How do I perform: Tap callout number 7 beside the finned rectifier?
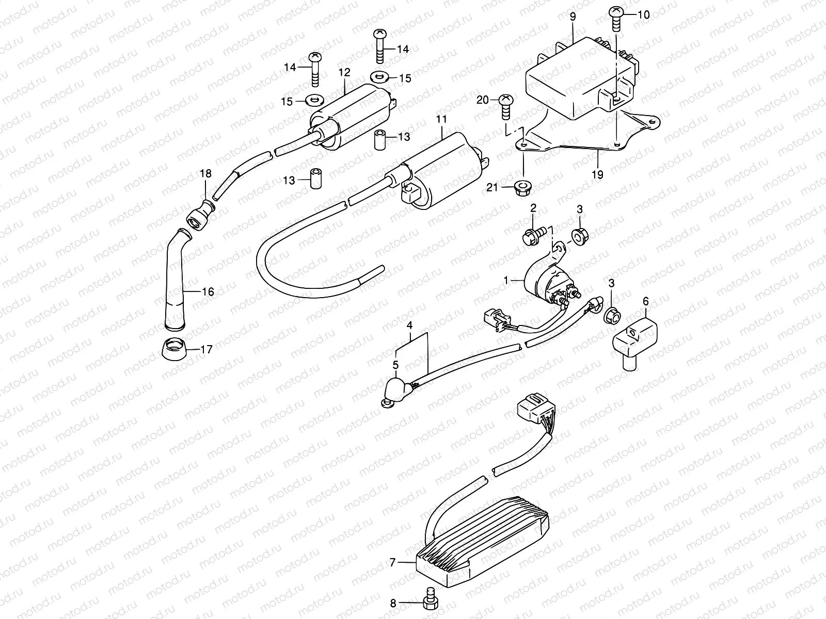click(x=393, y=563)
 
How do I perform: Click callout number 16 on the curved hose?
click(x=208, y=292)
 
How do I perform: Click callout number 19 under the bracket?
click(x=597, y=175)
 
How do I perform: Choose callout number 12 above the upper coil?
click(x=344, y=72)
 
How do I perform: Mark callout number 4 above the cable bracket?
click(x=409, y=325)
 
